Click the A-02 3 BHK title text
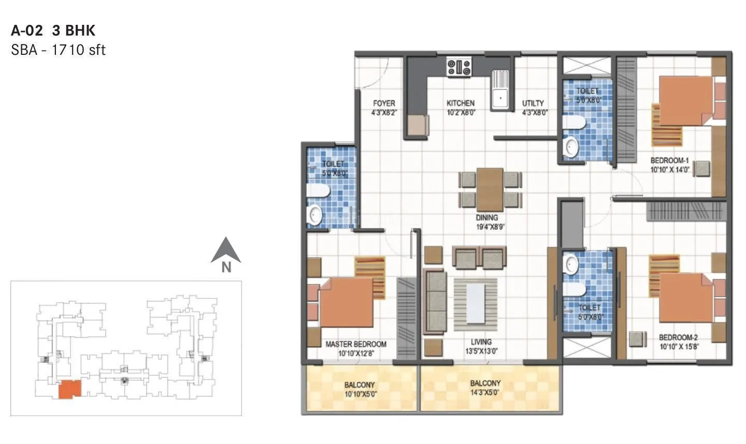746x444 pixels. pos(53,31)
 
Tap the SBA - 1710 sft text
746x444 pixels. pos(58,50)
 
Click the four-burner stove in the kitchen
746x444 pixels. pos(460,67)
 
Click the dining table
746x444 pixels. pos(490,189)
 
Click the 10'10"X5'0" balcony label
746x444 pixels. pos(360,389)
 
